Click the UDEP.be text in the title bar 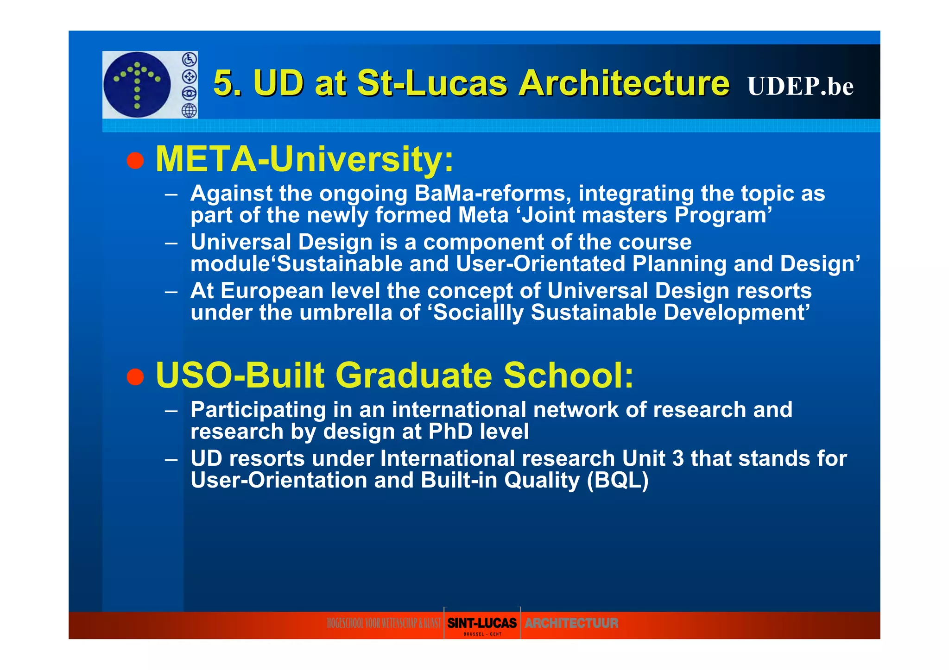800,86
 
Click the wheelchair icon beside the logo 189,59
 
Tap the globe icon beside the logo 189,111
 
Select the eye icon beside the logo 189,94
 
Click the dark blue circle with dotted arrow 137,85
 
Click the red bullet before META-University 135,161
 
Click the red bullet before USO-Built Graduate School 135,376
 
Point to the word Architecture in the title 624,83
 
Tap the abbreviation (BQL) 617,480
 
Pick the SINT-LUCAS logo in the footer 482,623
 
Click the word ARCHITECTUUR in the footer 571,623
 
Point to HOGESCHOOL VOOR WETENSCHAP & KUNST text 384,623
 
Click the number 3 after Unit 677,458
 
